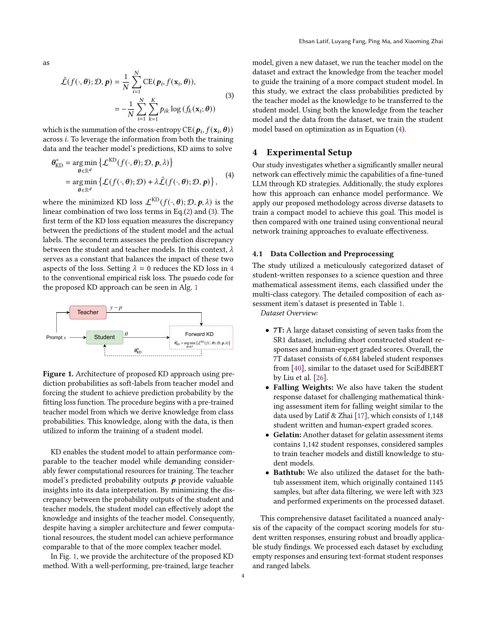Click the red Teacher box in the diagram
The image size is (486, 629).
88,312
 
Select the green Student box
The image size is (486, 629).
105,337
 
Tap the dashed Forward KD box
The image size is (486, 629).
201,338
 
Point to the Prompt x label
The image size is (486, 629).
56,337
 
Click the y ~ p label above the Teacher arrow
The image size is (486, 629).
116,308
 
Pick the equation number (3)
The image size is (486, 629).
229,95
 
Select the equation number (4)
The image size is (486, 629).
229,175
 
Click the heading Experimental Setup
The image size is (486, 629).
309,152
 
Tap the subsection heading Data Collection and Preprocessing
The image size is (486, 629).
332,254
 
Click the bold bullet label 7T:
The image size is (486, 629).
279,330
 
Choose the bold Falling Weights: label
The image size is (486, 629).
303,387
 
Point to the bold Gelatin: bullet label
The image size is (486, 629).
287,435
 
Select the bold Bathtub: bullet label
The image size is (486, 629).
289,473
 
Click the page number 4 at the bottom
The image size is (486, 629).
243,576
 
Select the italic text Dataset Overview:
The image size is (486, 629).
289,313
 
